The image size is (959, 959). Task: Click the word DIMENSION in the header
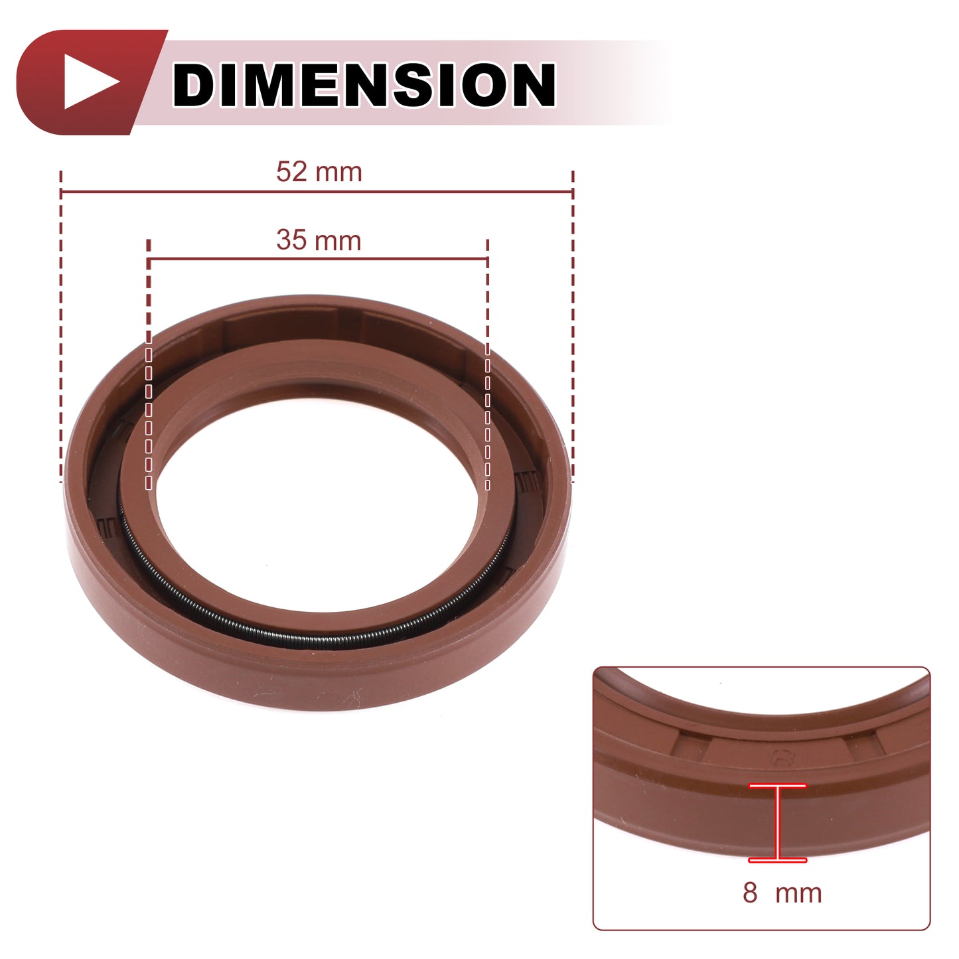point(364,84)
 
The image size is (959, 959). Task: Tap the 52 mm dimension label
point(319,172)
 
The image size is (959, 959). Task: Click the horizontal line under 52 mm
point(317,191)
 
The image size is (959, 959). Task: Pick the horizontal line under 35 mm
point(317,259)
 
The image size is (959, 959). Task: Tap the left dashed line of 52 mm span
point(60,327)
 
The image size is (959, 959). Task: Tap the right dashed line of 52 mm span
point(573,327)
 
